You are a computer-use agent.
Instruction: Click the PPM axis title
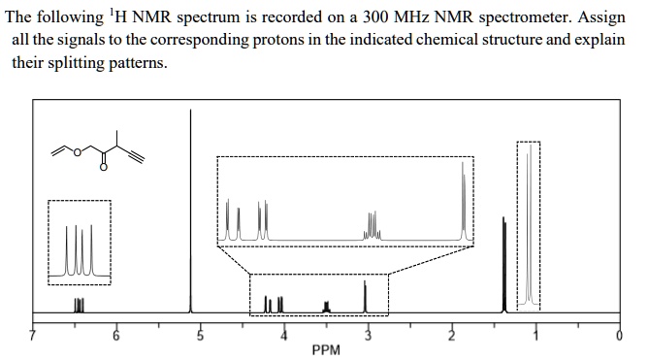point(326,348)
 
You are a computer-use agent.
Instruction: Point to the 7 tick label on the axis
point(32,336)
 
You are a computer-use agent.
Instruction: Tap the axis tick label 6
point(116,336)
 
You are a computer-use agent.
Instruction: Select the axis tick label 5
point(201,336)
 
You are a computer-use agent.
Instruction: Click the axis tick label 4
point(284,336)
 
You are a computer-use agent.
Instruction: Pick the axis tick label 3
point(368,336)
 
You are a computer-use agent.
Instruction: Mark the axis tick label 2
point(451,336)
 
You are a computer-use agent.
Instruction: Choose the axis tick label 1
point(535,336)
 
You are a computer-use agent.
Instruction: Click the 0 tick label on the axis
point(619,336)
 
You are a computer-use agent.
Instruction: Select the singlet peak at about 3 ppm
point(365,296)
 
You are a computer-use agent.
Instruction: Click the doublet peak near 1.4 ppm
point(503,262)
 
